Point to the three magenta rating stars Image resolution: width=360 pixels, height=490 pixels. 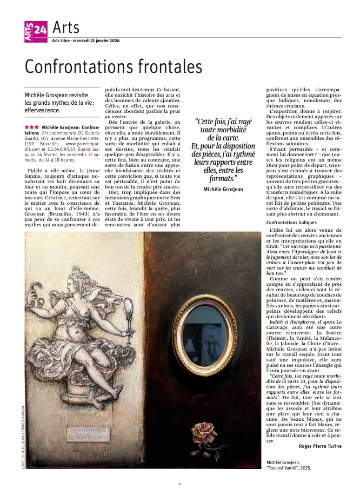[x=31, y=126]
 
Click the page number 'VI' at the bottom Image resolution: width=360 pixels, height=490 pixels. [x=179, y=484]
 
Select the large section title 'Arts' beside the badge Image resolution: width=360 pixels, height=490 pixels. [x=66, y=27]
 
